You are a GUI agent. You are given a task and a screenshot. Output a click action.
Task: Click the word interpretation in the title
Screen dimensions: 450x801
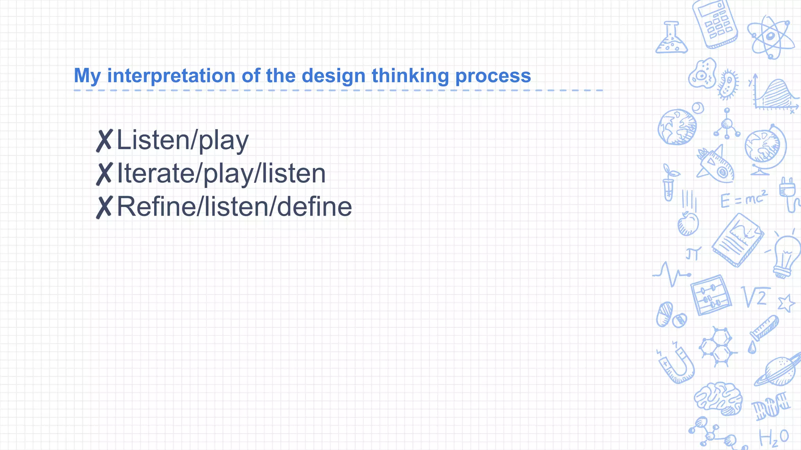tap(171, 76)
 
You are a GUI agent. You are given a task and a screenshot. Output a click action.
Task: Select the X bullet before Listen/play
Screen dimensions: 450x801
tap(104, 141)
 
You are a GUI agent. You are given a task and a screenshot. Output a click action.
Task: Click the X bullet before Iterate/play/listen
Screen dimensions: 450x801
tap(104, 174)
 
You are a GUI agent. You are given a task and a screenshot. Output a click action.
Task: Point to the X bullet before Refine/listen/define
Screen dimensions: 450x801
tap(104, 207)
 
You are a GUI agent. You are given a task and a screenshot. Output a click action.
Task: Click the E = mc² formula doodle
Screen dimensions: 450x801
tap(744, 199)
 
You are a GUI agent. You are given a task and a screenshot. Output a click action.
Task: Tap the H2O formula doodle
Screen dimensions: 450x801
tap(774, 437)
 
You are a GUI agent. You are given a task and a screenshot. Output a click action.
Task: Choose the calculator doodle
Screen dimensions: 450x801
tap(715, 24)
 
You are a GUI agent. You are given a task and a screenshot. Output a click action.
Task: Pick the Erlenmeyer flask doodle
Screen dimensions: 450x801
tap(671, 39)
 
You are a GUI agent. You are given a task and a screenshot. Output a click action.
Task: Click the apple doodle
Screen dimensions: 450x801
tap(688, 223)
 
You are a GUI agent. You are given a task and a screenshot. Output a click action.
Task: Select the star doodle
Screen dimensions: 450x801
tap(786, 303)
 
